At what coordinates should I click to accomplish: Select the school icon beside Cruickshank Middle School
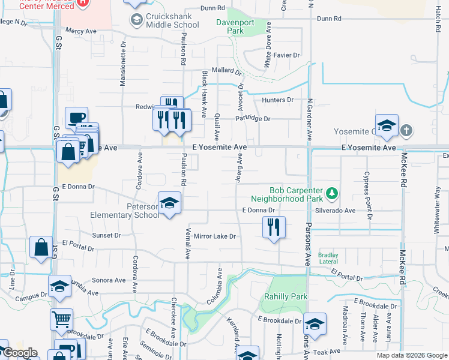coord(136,20)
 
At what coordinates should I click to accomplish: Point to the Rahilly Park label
coord(286,296)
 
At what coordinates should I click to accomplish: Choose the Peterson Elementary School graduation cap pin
coord(169,202)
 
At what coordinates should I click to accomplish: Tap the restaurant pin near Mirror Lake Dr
coord(273,227)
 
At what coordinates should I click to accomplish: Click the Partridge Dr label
coord(253,118)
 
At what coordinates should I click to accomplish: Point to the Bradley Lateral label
coord(328,258)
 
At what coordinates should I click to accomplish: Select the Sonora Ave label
coord(109,280)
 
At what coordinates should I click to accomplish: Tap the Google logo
coord(20,353)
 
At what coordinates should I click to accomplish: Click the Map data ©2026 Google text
coord(411,355)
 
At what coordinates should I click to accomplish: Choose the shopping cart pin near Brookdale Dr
coord(62,319)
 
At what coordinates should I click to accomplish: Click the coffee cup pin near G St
coord(76,118)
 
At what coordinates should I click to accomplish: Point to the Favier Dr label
coord(287,55)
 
